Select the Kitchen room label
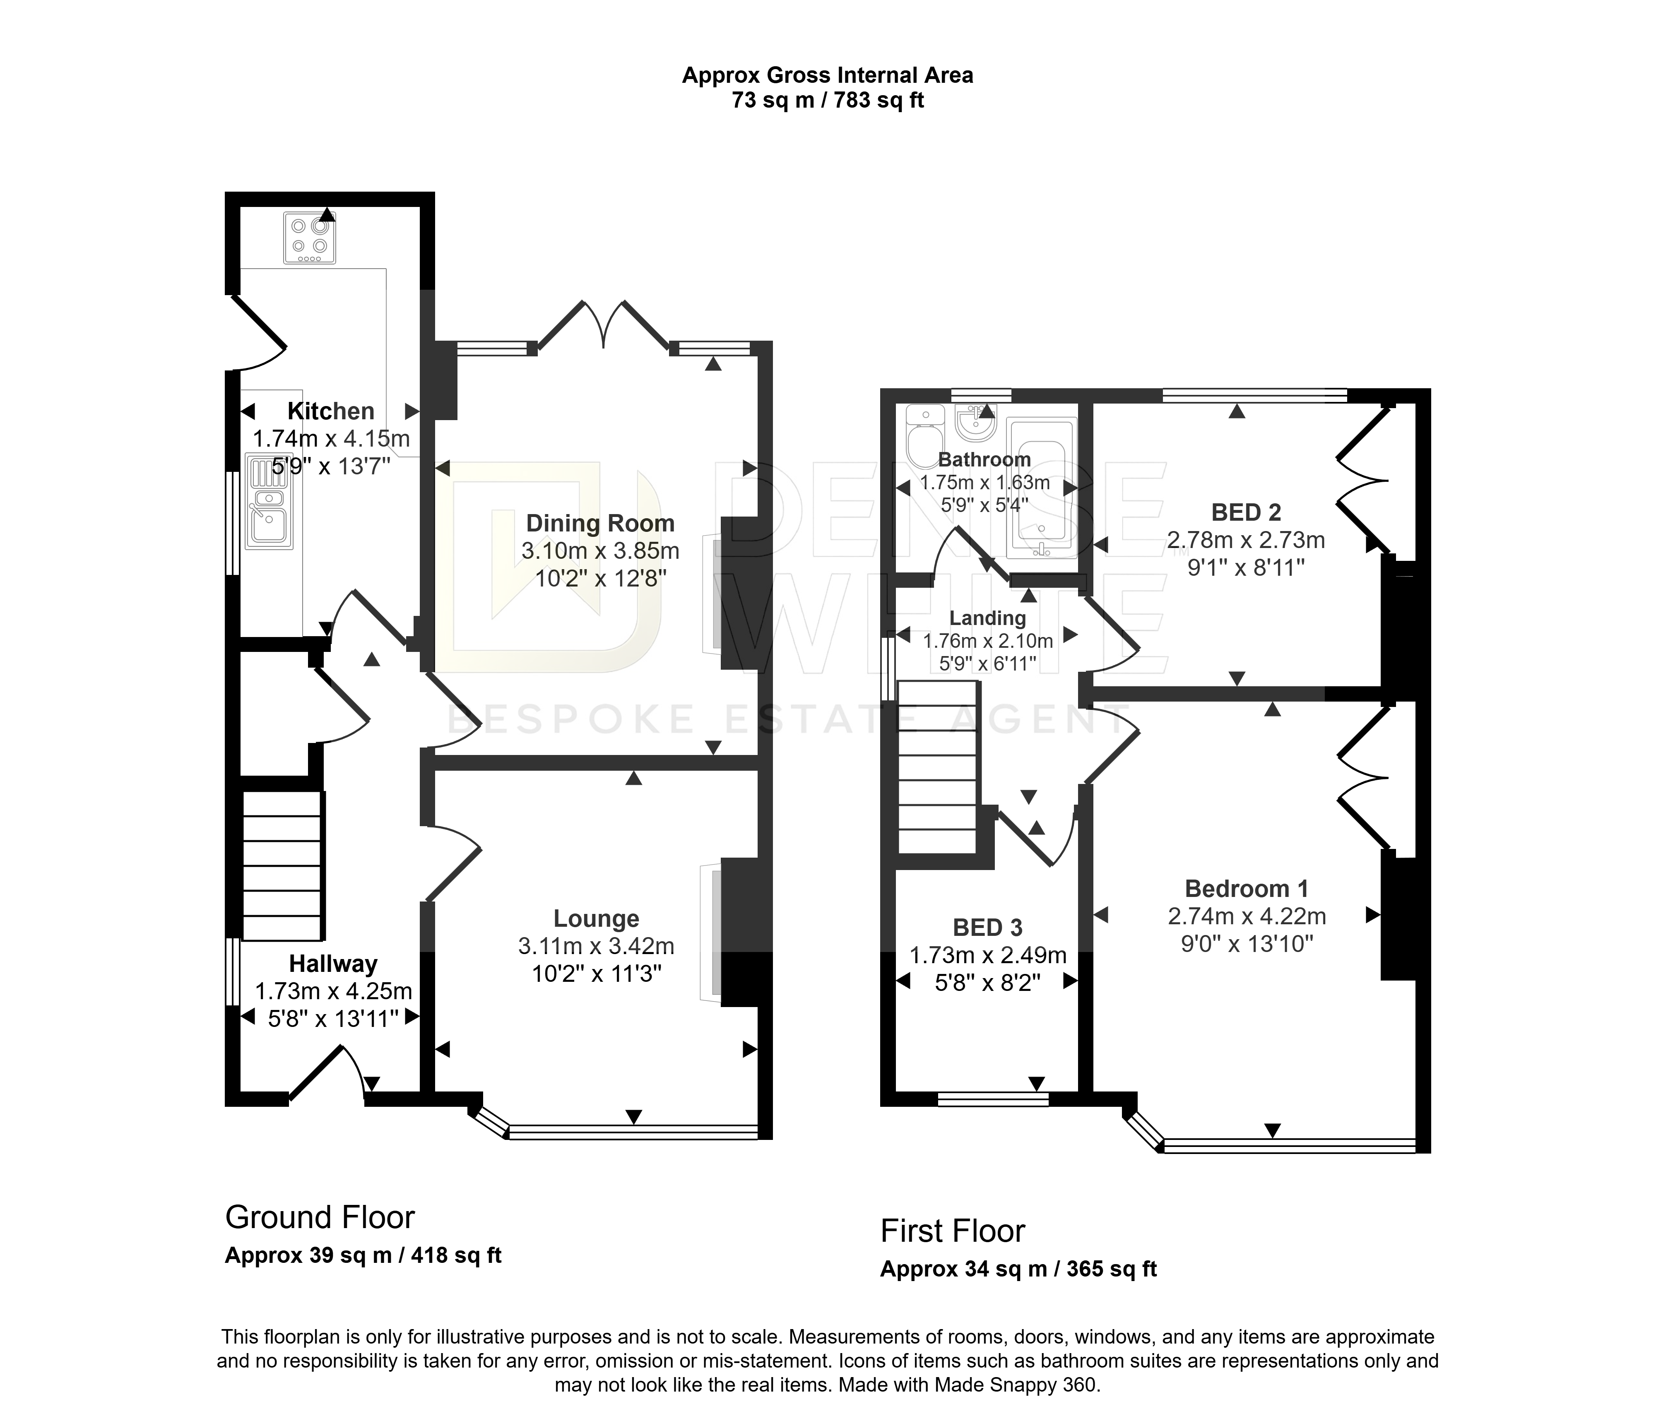click(331, 411)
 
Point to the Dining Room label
click(600, 524)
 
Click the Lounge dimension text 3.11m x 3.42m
click(596, 946)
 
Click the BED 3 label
click(988, 927)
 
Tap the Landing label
click(988, 618)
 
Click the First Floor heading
click(953, 1231)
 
